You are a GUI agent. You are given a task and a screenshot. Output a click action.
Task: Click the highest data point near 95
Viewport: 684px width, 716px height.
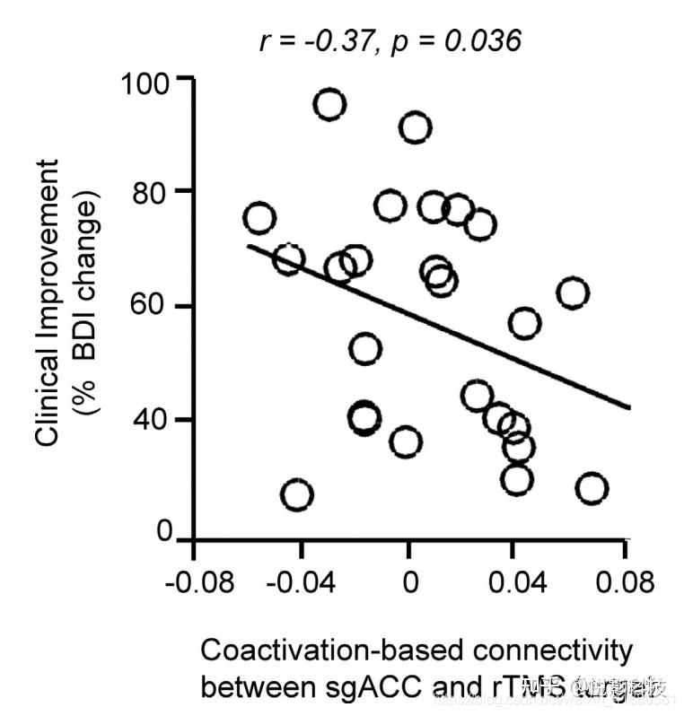tap(329, 105)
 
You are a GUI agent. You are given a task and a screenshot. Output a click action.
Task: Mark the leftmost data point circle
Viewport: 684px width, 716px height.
tap(259, 218)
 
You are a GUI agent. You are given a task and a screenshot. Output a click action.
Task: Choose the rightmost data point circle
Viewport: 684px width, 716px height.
tap(592, 488)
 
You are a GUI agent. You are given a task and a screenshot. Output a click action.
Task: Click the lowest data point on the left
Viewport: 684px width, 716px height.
tap(296, 494)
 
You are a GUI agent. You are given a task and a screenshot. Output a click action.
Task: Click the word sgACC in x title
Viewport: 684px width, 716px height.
tap(363, 687)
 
